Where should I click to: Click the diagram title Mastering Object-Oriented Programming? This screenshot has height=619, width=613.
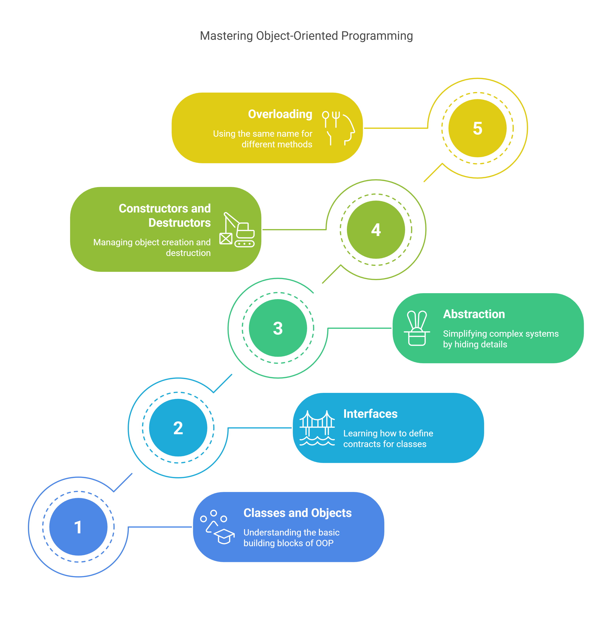(x=306, y=36)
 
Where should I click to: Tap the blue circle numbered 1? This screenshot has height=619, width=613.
(x=78, y=527)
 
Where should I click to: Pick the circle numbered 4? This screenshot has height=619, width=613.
(x=376, y=230)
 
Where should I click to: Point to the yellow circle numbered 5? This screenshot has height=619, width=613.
(x=477, y=128)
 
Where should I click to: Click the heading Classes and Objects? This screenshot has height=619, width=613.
(x=298, y=513)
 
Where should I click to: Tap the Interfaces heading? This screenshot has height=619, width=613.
(x=370, y=414)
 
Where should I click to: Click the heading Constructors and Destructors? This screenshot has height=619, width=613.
(x=165, y=215)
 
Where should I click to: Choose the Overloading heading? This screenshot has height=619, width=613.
(x=280, y=114)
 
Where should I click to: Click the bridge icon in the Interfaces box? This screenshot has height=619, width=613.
(x=317, y=428)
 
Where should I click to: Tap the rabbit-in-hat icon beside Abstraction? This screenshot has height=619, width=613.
(x=417, y=328)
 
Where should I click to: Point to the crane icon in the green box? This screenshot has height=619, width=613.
(x=237, y=230)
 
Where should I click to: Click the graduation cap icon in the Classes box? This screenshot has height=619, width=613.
(x=224, y=536)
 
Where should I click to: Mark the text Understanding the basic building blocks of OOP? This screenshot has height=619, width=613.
(x=291, y=538)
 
